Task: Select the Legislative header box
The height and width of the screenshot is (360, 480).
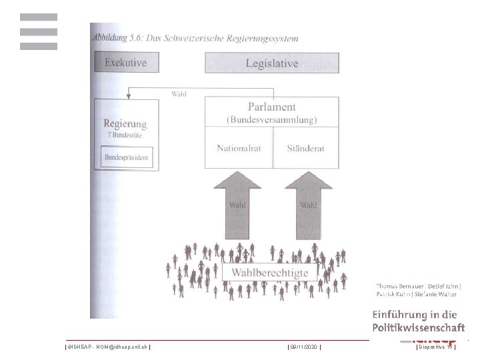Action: pos(271,63)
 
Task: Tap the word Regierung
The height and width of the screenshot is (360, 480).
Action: pos(125,123)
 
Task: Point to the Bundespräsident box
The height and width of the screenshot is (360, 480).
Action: pos(127,158)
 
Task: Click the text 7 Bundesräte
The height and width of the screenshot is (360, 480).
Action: pos(125,135)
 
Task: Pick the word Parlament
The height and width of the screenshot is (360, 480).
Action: pos(271,107)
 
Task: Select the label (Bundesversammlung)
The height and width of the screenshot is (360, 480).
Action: pos(271,120)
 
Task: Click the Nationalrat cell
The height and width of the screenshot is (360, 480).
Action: pos(238,148)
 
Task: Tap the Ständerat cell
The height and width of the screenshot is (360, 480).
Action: pos(305,148)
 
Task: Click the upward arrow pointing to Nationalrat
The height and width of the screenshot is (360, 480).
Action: pos(237,203)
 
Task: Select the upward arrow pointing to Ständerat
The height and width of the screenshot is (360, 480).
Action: pos(307,203)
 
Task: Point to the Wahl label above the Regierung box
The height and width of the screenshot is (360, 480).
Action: pos(179,94)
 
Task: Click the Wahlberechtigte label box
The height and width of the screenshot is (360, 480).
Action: pos(269,273)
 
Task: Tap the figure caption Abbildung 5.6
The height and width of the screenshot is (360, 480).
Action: pos(195,38)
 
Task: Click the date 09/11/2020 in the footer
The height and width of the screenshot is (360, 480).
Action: pos(304,347)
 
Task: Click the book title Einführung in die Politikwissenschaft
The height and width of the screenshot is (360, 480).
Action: pos(419,321)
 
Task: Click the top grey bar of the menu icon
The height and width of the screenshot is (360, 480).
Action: pos(38,17)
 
